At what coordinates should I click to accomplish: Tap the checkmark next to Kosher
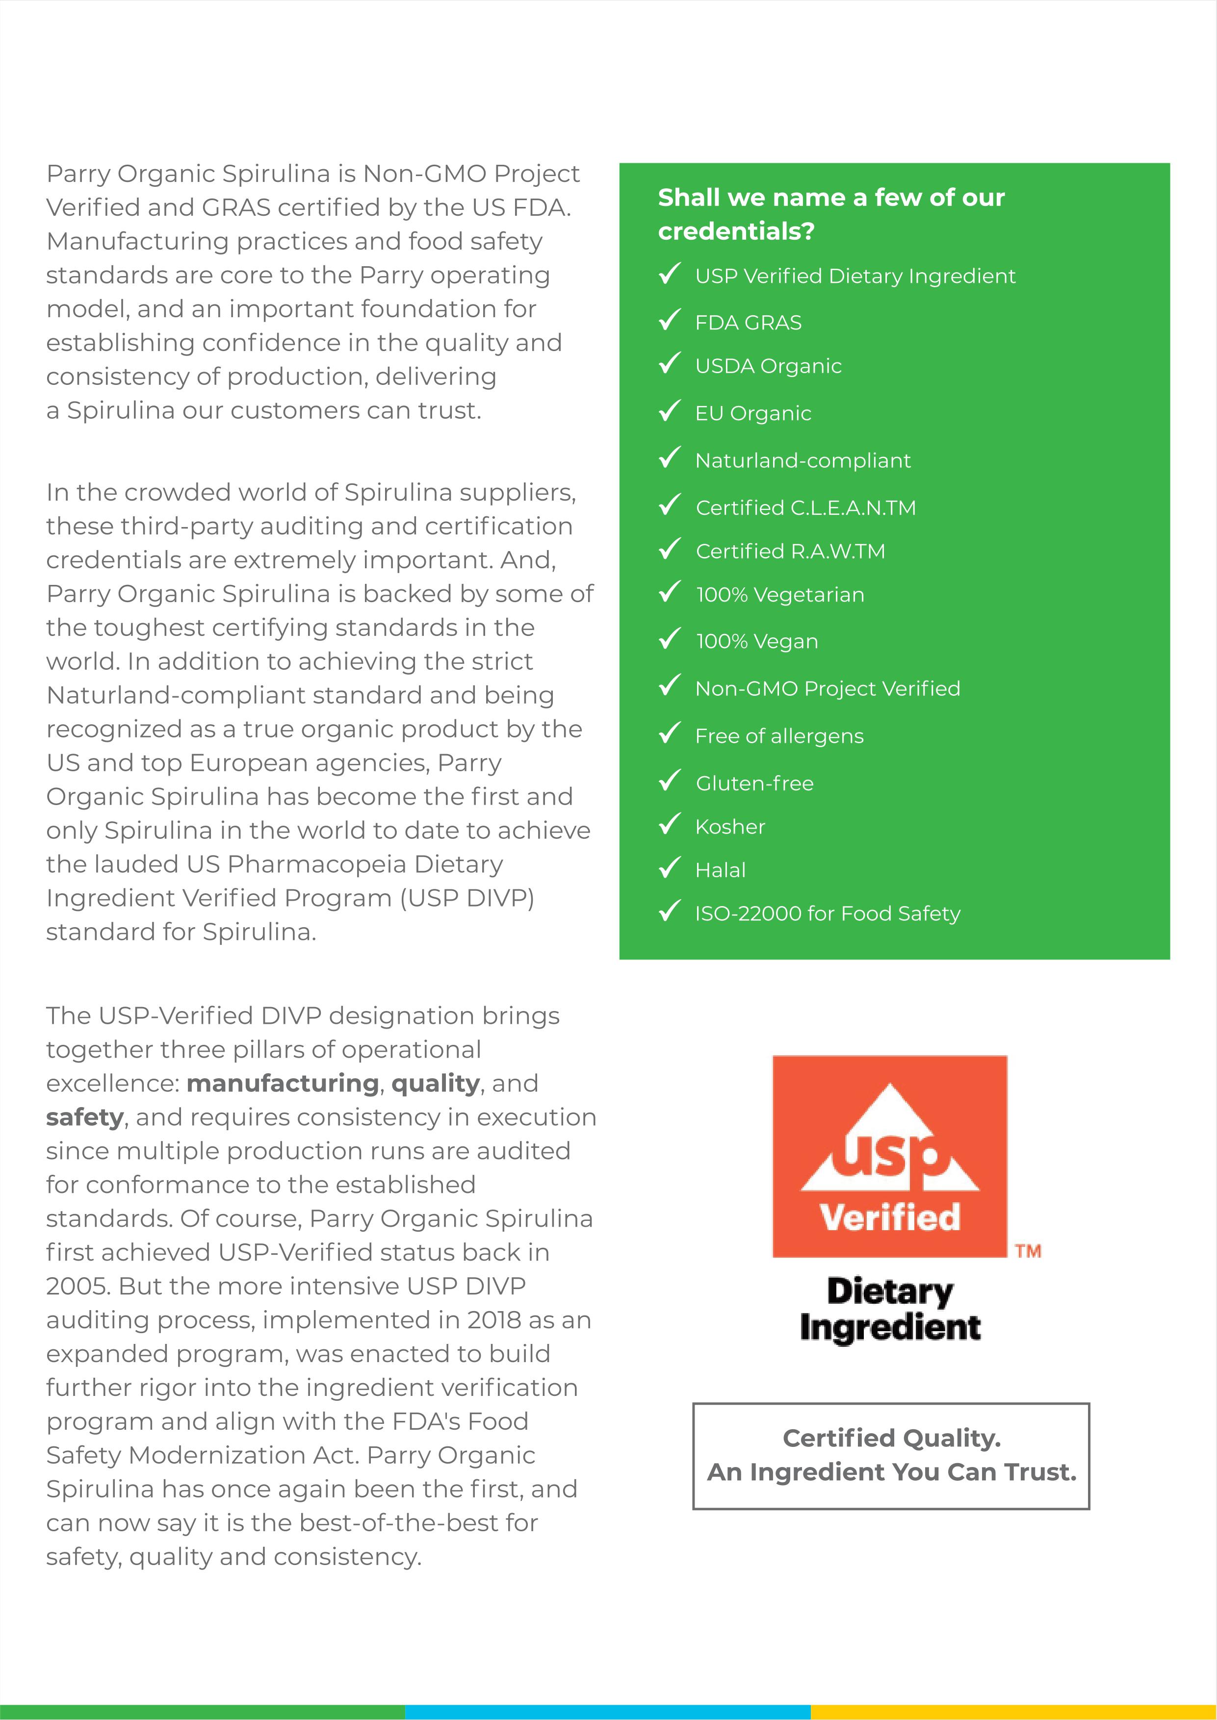(x=669, y=824)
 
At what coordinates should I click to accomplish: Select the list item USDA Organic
(x=768, y=366)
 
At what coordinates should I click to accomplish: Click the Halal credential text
(x=720, y=870)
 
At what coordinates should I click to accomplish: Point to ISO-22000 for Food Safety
(x=828, y=914)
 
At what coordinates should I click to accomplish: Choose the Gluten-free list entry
(x=754, y=784)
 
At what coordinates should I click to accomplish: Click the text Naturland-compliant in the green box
(x=803, y=461)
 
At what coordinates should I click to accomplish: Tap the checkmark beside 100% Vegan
(x=669, y=638)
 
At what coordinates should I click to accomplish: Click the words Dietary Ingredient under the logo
(x=889, y=1310)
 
